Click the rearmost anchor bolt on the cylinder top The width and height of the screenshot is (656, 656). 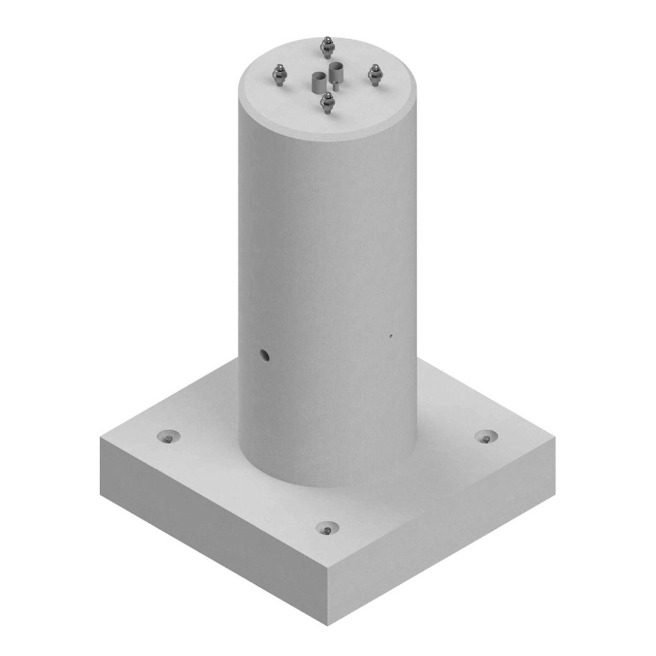point(327,47)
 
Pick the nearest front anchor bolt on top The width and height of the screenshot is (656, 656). point(327,102)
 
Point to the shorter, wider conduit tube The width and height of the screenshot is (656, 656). point(317,82)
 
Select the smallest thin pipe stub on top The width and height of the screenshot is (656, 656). point(333,85)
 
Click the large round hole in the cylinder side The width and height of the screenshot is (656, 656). point(265,355)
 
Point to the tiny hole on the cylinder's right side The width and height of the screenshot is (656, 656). point(391,336)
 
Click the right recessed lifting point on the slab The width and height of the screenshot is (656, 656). point(487,437)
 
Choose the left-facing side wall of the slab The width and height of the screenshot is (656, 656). point(208,522)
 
